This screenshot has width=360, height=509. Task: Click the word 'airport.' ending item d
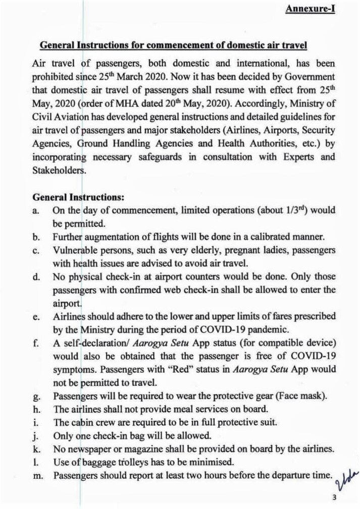[x=67, y=303]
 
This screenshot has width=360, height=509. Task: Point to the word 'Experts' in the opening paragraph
[x=298, y=157]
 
